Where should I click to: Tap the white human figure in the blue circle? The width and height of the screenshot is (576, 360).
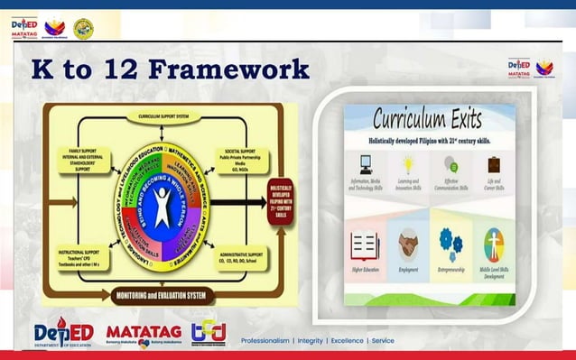click(163, 207)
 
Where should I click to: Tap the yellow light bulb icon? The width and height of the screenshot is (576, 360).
click(408, 163)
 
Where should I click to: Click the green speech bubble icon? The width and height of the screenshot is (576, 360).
click(451, 164)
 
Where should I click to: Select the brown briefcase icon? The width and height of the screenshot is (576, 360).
click(493, 164)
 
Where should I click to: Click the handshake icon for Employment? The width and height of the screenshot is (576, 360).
click(407, 244)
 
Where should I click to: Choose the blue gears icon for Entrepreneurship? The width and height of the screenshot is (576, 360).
click(451, 243)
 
